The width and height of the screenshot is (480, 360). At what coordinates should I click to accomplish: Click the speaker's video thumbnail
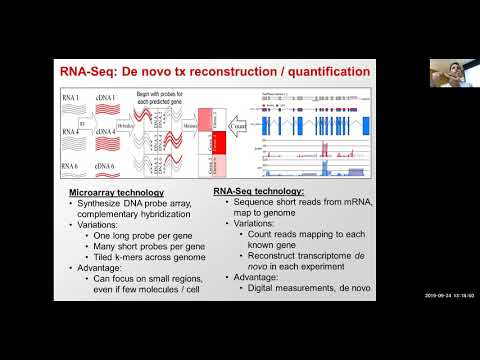tap(449, 73)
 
